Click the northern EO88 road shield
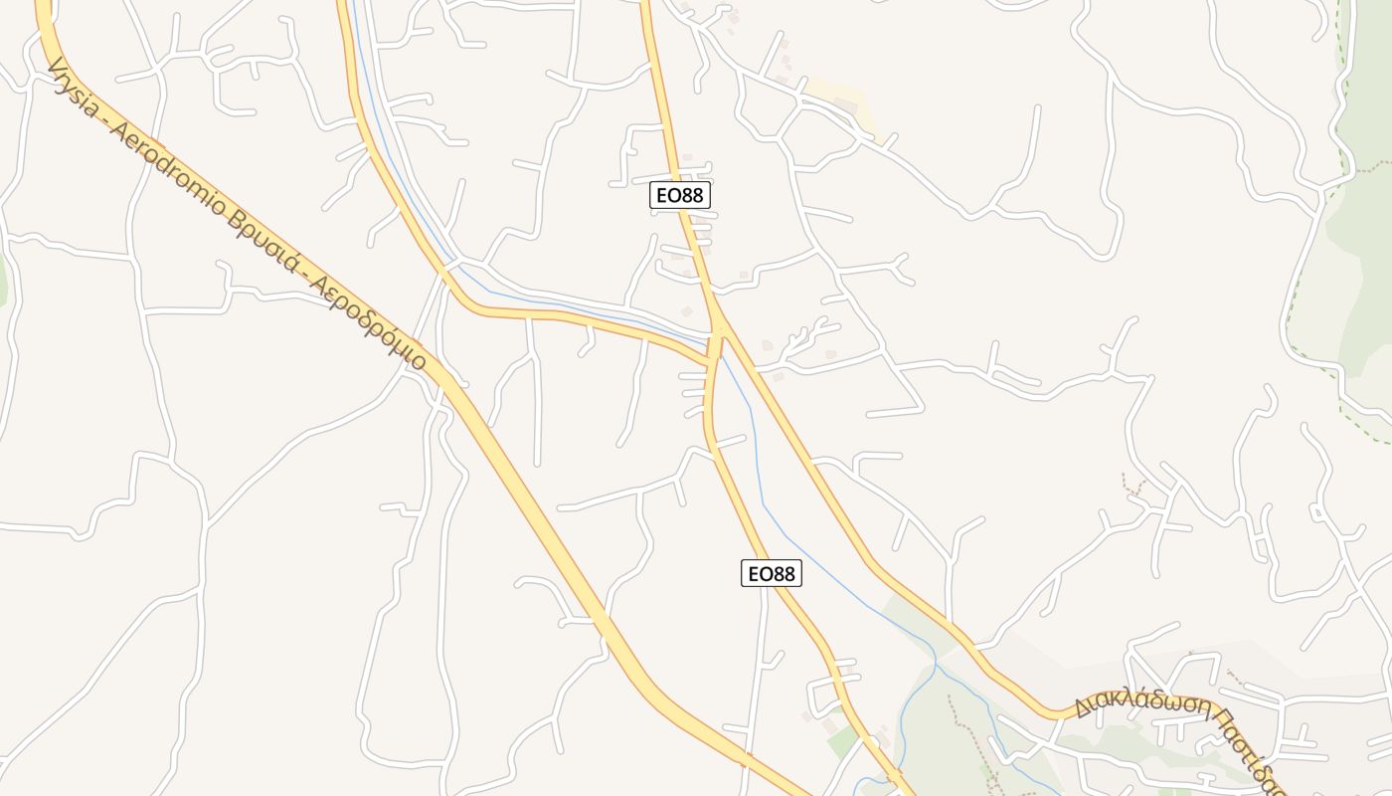[680, 195]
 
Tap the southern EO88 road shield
[771, 573]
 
